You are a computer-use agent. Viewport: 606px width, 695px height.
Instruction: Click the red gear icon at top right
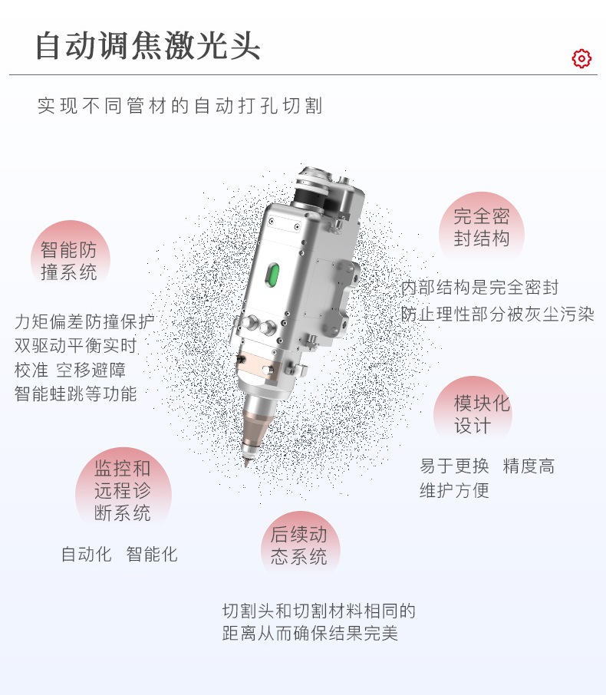[581, 58]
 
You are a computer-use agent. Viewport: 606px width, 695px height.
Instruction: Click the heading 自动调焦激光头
[148, 46]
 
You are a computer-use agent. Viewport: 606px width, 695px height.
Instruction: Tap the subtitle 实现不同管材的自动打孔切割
[180, 106]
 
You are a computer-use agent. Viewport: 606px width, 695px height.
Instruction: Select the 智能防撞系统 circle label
[69, 260]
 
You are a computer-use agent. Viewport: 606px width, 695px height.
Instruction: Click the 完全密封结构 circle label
[481, 227]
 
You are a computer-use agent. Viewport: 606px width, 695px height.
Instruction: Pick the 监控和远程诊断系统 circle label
[123, 491]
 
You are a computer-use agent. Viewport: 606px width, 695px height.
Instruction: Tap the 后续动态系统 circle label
[298, 545]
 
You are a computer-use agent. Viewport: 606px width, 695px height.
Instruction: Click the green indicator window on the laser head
[271, 274]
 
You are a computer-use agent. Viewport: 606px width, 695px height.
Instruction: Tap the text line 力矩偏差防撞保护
[84, 321]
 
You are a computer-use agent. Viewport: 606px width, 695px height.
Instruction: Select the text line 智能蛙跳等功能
[75, 394]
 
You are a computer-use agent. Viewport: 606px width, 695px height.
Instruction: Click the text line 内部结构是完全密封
[480, 288]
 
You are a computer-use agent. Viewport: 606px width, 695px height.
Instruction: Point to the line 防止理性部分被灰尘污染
[497, 314]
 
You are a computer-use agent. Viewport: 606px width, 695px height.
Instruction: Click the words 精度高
[529, 466]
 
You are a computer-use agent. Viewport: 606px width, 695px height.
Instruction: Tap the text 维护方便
[454, 490]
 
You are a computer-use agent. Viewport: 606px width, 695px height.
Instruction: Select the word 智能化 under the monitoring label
[152, 554]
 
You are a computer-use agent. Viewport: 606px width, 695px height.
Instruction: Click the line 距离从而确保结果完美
[310, 634]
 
